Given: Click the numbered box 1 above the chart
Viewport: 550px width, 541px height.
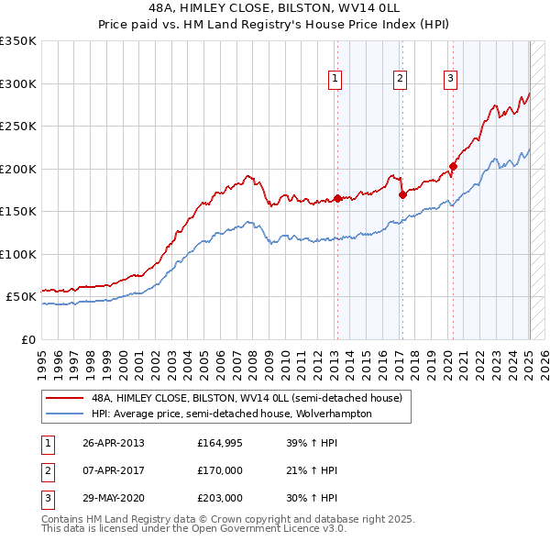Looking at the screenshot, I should coord(335,80).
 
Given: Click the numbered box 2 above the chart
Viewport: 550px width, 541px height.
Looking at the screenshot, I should coord(401,80).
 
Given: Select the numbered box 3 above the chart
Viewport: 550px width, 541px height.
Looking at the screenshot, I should coord(451,80).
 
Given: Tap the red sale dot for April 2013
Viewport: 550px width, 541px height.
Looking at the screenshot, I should coord(337,198).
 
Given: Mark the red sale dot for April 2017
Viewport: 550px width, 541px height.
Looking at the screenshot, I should coord(402,194).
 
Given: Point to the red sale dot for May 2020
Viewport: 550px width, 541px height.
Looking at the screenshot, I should coord(453,167).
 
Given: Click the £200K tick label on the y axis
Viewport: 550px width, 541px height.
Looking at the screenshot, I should coord(18,169).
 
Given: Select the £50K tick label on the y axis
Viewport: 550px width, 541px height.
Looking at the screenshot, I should coord(21,297).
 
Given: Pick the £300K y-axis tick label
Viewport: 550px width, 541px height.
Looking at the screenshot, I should coord(18,83).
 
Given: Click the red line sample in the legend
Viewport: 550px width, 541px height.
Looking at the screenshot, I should coord(65,398).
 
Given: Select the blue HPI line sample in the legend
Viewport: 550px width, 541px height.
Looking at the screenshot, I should coord(65,414).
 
